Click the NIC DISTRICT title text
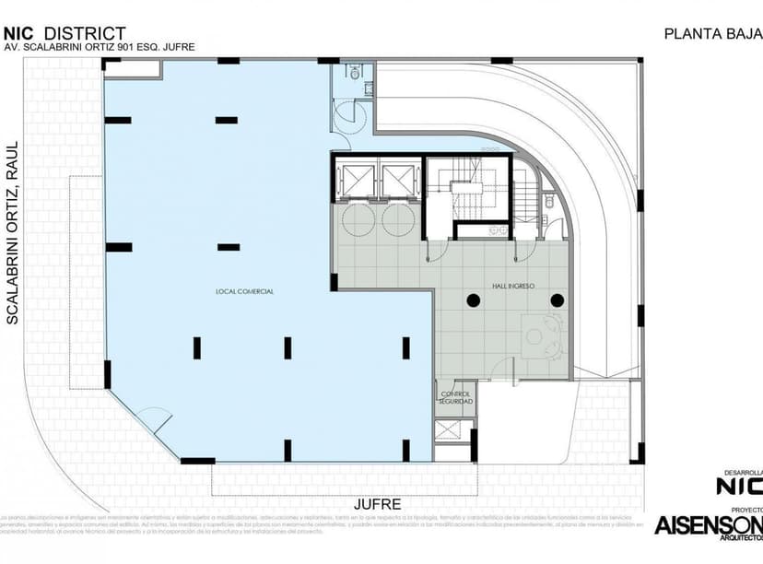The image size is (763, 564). (x=65, y=34)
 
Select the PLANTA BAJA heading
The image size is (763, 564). (x=712, y=34)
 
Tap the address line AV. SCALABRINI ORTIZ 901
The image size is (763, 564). (x=100, y=48)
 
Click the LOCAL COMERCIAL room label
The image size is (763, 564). (x=245, y=291)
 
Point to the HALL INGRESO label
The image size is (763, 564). (x=513, y=287)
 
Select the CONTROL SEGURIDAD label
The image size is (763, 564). (x=456, y=398)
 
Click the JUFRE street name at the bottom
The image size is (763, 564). (x=378, y=504)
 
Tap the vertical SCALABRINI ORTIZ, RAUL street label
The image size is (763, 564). (x=13, y=232)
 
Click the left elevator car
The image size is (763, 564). (x=356, y=180)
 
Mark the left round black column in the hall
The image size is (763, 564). (x=473, y=300)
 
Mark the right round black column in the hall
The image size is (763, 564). (x=558, y=300)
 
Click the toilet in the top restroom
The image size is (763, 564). (x=354, y=70)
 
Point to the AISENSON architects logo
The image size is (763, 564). (x=708, y=524)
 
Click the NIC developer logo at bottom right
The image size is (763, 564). (x=740, y=484)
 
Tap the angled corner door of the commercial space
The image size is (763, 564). (x=153, y=421)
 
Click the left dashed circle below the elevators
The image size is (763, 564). (x=356, y=219)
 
